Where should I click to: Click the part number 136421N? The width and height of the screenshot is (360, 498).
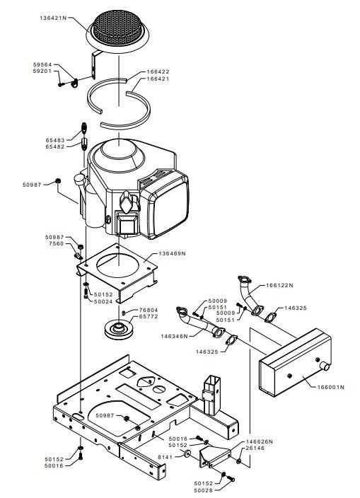pos(53,18)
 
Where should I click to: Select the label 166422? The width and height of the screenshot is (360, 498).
pos(158,71)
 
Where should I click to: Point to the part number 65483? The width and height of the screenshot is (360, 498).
pos(55,140)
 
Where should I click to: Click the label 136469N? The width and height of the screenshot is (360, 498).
pos(172,253)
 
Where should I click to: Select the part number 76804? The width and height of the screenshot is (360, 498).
pos(149,310)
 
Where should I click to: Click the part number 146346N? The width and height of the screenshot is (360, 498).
pos(174,336)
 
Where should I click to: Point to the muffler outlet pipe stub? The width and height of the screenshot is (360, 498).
pos(325,366)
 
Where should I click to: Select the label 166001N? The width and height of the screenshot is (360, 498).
pos(331,387)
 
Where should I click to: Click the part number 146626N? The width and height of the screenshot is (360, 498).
pos(260,441)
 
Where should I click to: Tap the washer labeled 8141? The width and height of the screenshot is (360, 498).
pos(187,453)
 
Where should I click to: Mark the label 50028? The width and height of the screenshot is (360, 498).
pos(204,490)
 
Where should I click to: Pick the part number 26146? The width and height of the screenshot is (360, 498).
pos(255,448)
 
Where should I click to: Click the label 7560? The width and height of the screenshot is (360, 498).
pos(56,243)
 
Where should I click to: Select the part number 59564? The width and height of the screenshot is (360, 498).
pos(42,64)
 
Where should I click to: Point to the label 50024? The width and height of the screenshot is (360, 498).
pos(103,301)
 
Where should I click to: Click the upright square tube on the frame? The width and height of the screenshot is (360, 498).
pos(211,395)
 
